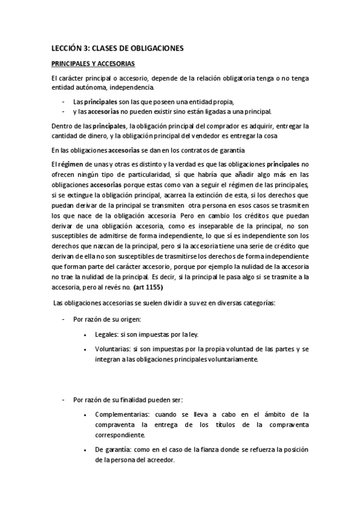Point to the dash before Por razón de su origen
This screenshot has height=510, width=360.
pyautogui.click(x=63, y=319)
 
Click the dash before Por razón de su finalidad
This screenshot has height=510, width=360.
pyautogui.click(x=63, y=399)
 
